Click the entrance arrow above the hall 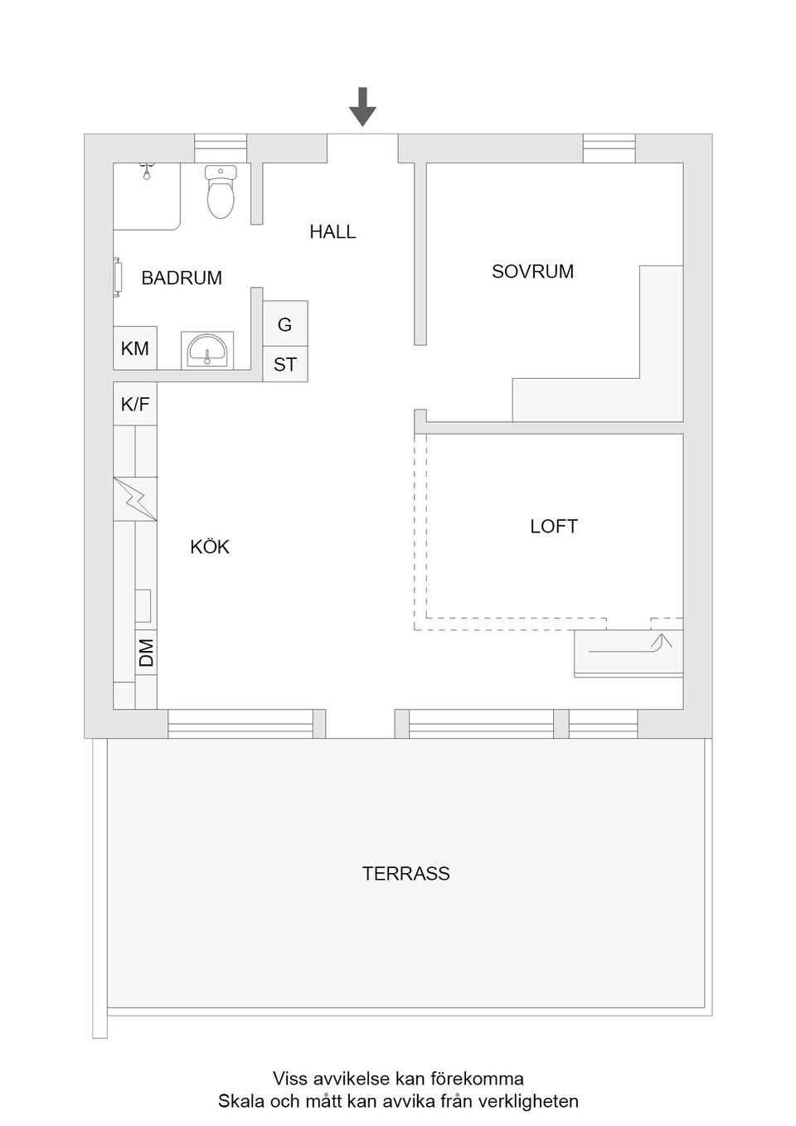tap(362, 106)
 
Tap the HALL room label tap(332, 232)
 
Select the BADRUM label tap(182, 278)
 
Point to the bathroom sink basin tap(207, 352)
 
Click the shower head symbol tap(147, 172)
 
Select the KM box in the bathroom tap(135, 348)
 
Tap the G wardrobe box tap(285, 324)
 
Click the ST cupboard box tap(285, 364)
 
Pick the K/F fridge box tap(135, 404)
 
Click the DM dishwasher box tap(146, 653)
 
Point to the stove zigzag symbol tap(135, 499)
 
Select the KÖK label tap(210, 547)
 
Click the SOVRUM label tap(532, 272)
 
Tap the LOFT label tap(553, 527)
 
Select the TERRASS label tap(405, 874)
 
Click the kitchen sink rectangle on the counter tap(143, 606)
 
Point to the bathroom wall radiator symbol tap(118, 277)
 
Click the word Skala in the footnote tap(242, 1101)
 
